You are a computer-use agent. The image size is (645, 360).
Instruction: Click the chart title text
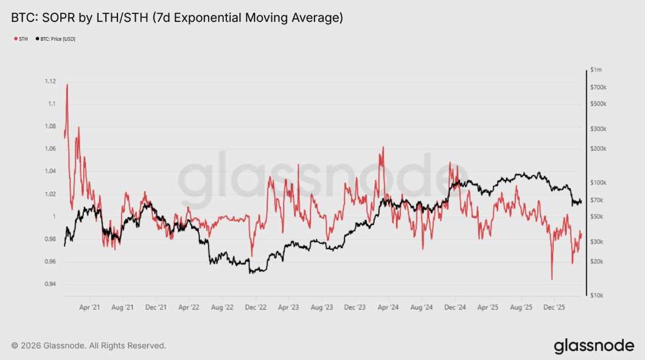(177, 18)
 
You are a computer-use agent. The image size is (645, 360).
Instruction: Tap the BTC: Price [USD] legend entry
(56, 39)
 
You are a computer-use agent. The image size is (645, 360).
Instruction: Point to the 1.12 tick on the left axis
(51, 81)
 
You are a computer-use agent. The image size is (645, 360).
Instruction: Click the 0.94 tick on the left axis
(51, 285)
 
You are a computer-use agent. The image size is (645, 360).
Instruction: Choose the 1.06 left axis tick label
(51, 149)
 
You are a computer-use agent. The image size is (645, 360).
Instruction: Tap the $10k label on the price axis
(596, 296)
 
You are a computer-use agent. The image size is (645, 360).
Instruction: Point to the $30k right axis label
(596, 242)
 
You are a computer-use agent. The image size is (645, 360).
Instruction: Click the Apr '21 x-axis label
(90, 308)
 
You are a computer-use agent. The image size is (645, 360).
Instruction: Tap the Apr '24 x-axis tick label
(388, 308)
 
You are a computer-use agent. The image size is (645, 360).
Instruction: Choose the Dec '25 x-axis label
(554, 308)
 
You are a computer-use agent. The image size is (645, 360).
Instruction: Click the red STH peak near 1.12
(67, 85)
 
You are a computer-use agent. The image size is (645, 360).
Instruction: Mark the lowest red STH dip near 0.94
(551, 279)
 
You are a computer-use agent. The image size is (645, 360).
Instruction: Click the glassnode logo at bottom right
(593, 346)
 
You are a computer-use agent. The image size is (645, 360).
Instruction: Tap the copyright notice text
(88, 345)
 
